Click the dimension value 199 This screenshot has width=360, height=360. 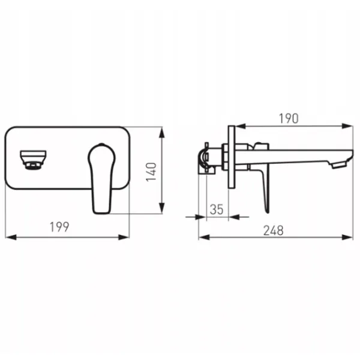(59, 227)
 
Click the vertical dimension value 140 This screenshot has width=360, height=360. (151, 172)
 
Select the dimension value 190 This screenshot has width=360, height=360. (289, 118)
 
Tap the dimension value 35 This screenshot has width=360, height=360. (217, 209)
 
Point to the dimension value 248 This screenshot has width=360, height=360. (273, 230)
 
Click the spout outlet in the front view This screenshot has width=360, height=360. (33, 160)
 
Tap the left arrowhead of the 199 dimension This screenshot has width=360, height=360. (11, 237)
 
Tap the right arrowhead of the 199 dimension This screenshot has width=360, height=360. (124, 237)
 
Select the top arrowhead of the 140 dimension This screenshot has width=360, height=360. (162, 133)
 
